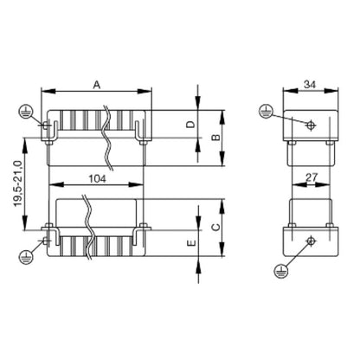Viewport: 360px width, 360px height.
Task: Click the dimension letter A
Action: [97, 84]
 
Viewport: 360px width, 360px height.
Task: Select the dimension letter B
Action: [216, 137]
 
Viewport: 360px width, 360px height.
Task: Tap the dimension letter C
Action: [216, 227]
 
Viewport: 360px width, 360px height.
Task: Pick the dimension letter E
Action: [190, 245]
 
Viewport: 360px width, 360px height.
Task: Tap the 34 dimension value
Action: [310, 84]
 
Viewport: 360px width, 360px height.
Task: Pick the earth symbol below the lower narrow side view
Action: [279, 271]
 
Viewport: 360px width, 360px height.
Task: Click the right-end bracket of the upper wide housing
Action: [139, 127]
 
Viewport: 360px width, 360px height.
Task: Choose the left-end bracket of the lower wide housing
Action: [50, 235]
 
